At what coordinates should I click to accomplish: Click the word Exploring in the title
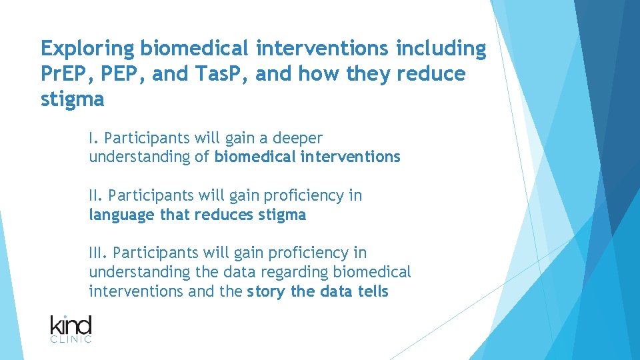87,49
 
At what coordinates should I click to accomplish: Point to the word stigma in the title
73,99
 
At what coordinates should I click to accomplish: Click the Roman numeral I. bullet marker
94,138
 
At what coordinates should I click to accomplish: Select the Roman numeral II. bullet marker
96,195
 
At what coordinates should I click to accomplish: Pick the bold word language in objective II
122,215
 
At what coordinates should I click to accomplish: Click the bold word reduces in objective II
228,215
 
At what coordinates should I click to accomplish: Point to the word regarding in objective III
299,272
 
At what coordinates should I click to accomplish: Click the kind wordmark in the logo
71,325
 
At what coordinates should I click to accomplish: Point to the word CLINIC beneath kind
71,340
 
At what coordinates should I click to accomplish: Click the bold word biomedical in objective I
255,157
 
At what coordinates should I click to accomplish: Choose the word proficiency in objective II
304,195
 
